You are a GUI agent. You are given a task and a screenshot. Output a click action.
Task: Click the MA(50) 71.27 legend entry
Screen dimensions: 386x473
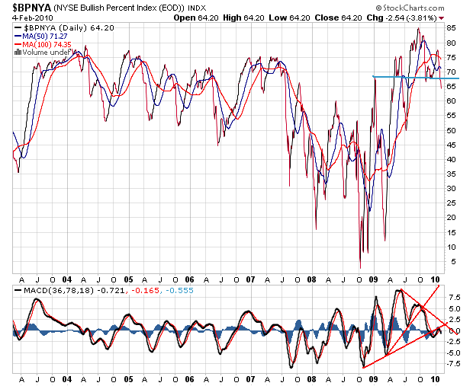44,36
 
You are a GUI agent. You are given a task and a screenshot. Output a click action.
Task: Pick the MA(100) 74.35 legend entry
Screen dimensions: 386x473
47,44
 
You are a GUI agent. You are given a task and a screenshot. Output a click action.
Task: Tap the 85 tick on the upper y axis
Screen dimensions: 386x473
451,27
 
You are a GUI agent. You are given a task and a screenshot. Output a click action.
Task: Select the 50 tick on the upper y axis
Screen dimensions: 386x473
451,130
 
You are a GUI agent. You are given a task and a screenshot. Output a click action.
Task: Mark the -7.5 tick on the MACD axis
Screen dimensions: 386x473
452,363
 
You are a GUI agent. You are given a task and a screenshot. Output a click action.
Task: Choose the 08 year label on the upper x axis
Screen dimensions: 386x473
311,279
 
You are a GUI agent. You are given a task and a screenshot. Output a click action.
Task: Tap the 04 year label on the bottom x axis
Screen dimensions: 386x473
66,378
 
